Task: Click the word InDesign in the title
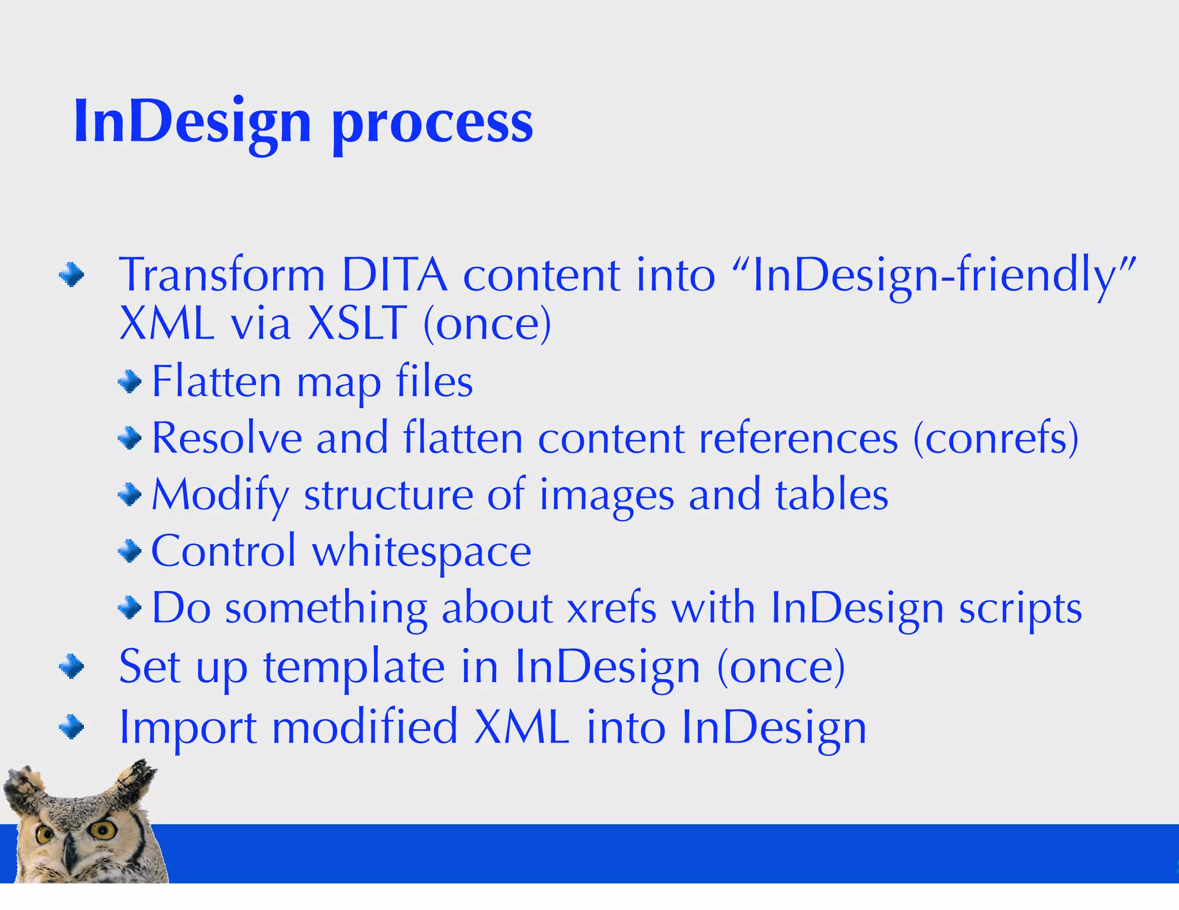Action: pos(192,122)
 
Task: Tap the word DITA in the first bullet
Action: pos(394,275)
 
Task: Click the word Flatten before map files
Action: pos(216,381)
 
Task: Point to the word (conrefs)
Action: pos(996,438)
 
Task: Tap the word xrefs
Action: pos(611,609)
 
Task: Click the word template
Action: pos(353,667)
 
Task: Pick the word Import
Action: pos(187,728)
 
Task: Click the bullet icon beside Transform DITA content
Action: pos(71,275)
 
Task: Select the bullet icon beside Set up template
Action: pos(71,667)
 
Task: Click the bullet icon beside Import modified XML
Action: pos(71,728)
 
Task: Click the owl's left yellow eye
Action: pos(45,833)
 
